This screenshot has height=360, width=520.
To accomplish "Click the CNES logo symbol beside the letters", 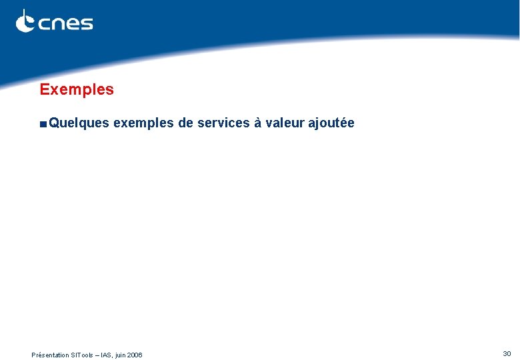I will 25,21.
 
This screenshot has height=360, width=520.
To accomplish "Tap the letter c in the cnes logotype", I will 44,24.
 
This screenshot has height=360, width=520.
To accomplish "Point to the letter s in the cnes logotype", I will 86,24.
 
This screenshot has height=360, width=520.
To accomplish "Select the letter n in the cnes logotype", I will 58,24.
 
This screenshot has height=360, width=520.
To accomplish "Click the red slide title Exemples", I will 77,89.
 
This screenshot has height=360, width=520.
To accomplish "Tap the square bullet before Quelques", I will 43,123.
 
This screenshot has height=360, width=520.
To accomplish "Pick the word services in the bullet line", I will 224,123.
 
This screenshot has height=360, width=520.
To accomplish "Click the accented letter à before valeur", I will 257,123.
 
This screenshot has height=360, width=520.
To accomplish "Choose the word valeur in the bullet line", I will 283,123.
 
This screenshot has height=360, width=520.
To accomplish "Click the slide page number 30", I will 507,353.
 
